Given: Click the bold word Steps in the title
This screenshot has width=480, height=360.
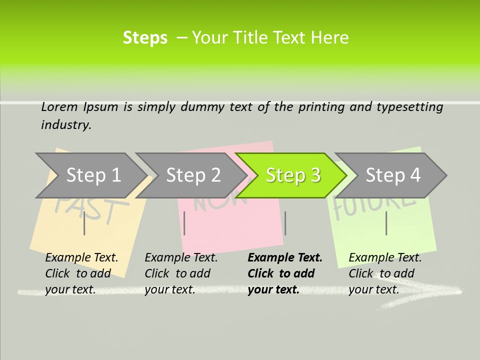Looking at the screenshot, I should tap(145, 38).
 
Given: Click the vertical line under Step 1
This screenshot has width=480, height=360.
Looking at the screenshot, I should tap(84, 223).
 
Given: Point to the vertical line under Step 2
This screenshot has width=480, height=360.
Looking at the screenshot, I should tap(184, 223).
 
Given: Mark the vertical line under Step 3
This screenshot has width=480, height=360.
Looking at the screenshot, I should tap(285, 223).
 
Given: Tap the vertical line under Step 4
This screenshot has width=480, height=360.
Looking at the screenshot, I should tap(386, 223).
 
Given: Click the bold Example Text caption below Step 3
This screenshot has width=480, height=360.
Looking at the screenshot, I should tap(285, 273).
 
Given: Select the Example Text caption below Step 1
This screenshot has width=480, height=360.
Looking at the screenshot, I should tap(81, 273).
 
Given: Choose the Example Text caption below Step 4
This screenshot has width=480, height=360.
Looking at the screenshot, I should tap(385, 273).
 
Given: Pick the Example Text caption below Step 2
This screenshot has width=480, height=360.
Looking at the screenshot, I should tap(181, 273).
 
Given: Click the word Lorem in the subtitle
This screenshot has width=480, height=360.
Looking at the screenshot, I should tap(59, 106).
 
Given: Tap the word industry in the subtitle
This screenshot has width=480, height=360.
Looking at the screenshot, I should tap(66, 125).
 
